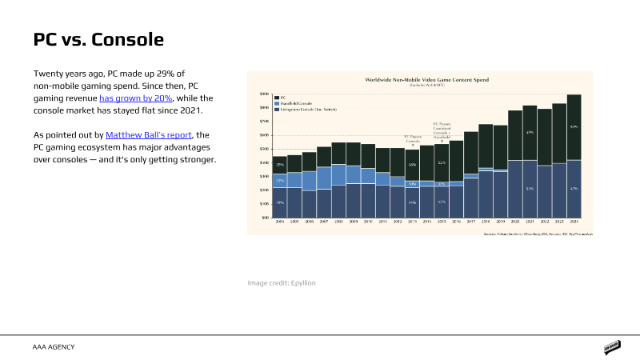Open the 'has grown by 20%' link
pyautogui.click(x=135, y=98)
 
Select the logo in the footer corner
pyautogui.click(x=613, y=347)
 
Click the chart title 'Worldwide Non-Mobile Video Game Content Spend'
pyautogui.click(x=426, y=80)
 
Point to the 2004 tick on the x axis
pyautogui.click(x=280, y=221)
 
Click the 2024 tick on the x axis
pyautogui.click(x=574, y=221)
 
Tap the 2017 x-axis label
pyautogui.click(x=471, y=221)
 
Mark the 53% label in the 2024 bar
pyautogui.click(x=574, y=127)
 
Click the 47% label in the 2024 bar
pyautogui.click(x=574, y=189)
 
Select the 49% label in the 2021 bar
pyautogui.click(x=530, y=132)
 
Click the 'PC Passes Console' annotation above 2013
pyautogui.click(x=412, y=138)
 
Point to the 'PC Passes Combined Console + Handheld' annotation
pyautogui.click(x=442, y=130)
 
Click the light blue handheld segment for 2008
pyautogui.click(x=338, y=174)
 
